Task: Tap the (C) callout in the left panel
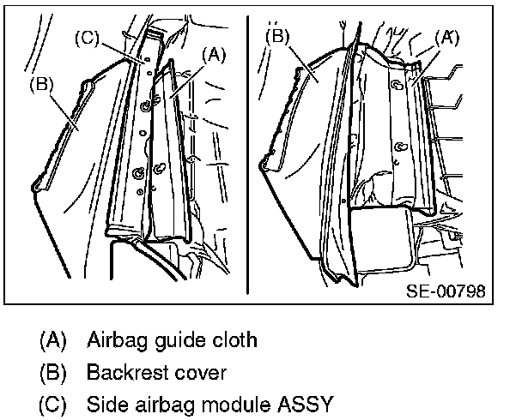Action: [88, 38]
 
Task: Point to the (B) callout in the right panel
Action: [279, 36]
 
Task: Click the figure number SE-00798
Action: [445, 291]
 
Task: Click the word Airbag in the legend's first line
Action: [115, 339]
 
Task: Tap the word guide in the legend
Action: [179, 340]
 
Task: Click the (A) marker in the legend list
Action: [52, 340]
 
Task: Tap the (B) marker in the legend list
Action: [52, 373]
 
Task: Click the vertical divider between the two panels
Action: [249, 154]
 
